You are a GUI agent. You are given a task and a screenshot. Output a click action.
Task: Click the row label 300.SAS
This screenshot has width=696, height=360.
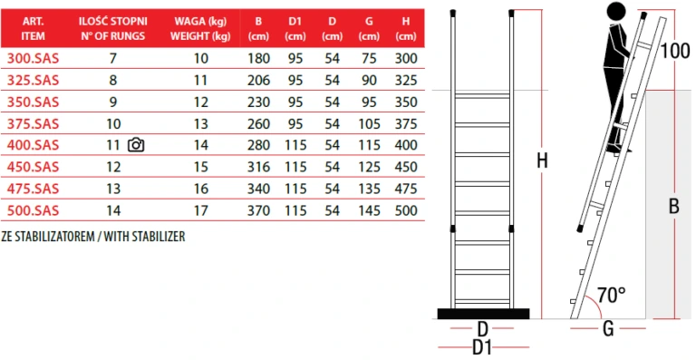point(33,59)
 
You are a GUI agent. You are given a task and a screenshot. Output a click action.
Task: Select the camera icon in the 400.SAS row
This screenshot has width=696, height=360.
point(136,145)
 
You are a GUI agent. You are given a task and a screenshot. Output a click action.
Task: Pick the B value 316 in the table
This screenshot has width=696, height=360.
point(259,167)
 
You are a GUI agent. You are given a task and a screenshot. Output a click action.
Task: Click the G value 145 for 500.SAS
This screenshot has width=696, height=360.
point(369,210)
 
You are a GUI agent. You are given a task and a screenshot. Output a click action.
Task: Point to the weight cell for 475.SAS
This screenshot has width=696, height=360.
point(200,189)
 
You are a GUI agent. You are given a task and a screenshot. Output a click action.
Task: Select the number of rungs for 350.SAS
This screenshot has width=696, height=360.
point(113,102)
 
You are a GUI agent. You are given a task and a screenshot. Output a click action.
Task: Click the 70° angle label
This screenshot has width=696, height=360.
point(611,295)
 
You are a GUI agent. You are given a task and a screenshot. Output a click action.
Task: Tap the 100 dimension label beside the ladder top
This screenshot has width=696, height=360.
point(674,51)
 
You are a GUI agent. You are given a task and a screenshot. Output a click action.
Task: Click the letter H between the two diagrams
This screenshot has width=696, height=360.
point(542,161)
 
